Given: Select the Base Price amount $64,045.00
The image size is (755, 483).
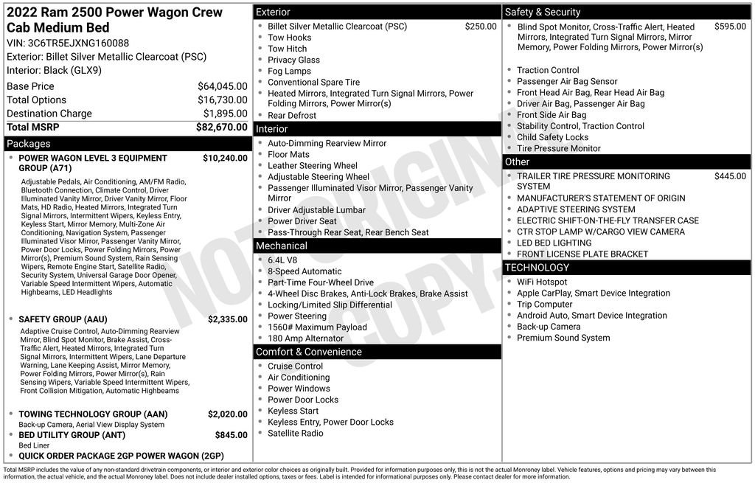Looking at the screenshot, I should click(222, 86).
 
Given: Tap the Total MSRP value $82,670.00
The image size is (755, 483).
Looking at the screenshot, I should click(221, 127).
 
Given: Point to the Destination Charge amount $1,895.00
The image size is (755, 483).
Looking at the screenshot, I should click(225, 114).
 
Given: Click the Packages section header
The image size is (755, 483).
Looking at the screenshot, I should click(29, 144).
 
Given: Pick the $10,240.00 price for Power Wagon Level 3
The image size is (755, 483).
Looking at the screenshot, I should click(225, 158).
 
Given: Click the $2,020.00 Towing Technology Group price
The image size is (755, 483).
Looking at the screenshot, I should click(227, 414).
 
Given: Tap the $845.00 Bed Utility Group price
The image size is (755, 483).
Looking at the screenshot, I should click(231, 435).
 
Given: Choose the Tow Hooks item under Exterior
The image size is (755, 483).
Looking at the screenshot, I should click(289, 38).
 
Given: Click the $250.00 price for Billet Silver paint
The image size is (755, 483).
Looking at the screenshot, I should click(481, 27).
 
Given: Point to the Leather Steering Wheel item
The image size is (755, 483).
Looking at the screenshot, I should click(312, 166).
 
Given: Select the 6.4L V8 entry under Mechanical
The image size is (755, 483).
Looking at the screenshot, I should click(282, 260).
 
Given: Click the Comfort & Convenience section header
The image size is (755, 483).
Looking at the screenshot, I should click(308, 352).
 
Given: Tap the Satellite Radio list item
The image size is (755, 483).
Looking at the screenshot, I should click(295, 434).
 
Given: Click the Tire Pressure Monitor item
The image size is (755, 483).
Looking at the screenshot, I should click(558, 148).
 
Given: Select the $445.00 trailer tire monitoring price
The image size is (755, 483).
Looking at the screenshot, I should click(730, 176).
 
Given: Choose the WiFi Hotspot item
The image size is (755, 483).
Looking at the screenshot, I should click(542, 282).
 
